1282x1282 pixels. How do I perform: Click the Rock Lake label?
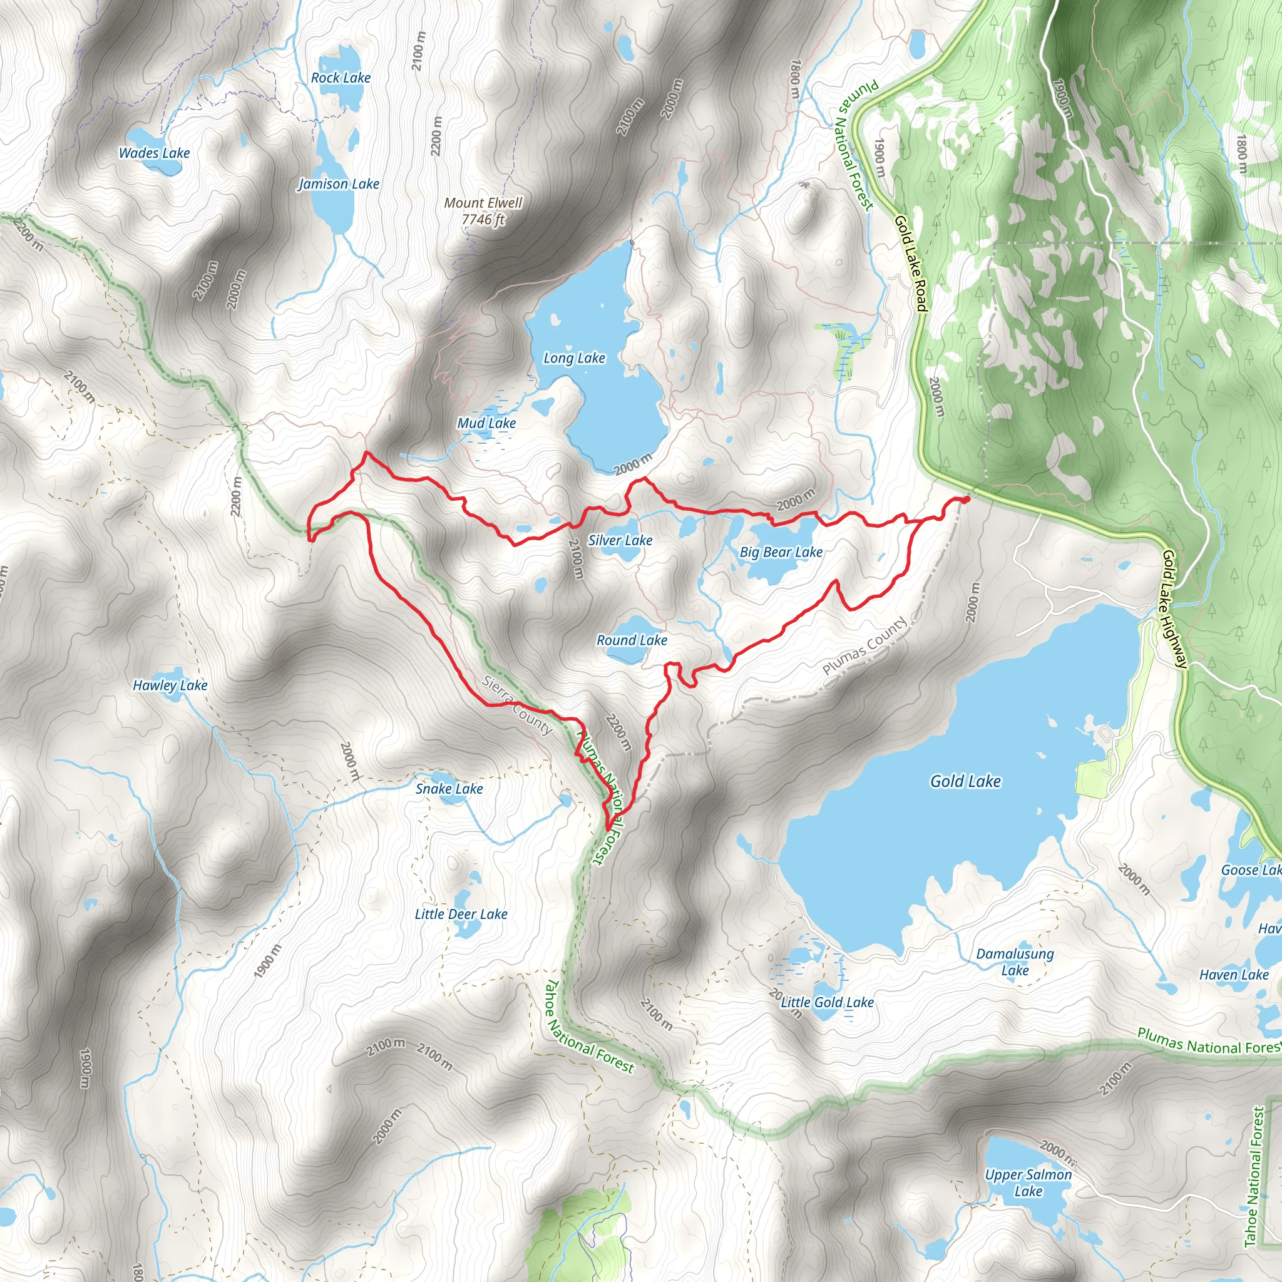coord(341,78)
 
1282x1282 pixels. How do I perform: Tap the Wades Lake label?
coord(154,153)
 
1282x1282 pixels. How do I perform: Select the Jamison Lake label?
coord(339,184)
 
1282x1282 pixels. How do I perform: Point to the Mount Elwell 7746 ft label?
coord(483,210)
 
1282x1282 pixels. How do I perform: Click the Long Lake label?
coord(574,357)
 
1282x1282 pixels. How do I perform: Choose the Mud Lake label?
coord(486,423)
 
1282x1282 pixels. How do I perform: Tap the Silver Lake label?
coord(620,540)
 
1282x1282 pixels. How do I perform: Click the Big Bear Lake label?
coord(781,551)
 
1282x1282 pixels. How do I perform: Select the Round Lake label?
coord(632,640)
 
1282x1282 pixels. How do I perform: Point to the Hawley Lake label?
coord(170,685)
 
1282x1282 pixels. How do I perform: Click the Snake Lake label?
coord(449,788)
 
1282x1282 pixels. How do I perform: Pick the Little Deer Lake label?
coord(461,914)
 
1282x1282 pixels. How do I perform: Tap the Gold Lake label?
coord(965,781)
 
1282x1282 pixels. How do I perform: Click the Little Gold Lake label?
coord(827,1002)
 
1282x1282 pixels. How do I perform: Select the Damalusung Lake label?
coord(1015,961)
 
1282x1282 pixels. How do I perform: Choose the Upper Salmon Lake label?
coord(1028,1182)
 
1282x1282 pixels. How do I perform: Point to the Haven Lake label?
coord(1234,975)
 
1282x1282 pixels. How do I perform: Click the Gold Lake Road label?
coord(910,264)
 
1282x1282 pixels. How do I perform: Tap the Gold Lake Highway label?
coord(1174,608)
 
